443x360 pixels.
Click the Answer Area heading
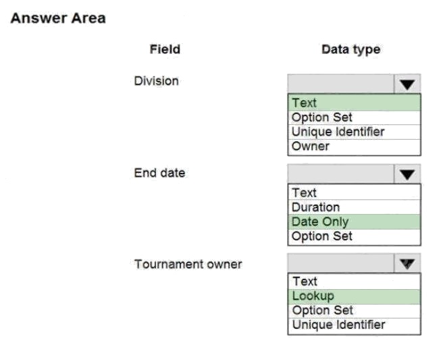(58, 18)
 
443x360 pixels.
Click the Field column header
(165, 49)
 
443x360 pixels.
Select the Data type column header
(351, 50)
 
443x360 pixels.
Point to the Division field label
(156, 81)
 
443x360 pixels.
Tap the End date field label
(159, 173)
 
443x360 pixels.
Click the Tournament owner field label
(188, 264)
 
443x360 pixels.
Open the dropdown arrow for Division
(407, 84)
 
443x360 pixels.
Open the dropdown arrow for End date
(407, 174)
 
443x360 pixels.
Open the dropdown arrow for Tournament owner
(407, 263)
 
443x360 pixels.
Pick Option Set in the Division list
(322, 118)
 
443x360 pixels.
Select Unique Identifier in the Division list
(338, 132)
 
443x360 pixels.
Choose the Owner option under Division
(311, 146)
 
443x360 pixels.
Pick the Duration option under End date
(315, 207)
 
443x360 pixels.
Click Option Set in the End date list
(322, 236)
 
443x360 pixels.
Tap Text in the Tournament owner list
(305, 282)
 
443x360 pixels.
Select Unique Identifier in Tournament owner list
(339, 325)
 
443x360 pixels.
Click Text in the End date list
(304, 193)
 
